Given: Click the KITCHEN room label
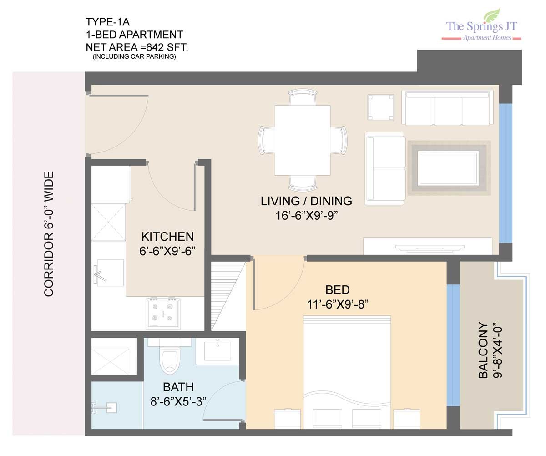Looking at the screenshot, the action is coord(167,237).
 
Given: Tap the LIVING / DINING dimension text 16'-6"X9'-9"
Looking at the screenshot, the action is coord(307,216).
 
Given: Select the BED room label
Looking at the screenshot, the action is coord(337,290).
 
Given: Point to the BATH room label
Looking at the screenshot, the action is coord(178,387).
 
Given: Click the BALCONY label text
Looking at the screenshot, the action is coord(483,350).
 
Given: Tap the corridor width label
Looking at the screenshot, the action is coord(49,234).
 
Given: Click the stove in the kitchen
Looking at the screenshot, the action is coord(163,313).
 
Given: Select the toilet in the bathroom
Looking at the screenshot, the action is coord(170,355).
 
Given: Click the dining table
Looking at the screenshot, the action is coord(303,140).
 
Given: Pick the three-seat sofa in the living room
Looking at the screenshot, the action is coord(447,108).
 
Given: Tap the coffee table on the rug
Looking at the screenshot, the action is coord(448,168).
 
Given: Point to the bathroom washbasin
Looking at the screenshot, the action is coord(217,351).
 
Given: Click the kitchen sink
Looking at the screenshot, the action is coord(108,273).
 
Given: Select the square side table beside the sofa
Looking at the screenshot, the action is coord(381,107).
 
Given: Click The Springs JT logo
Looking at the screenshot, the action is coord(481,25).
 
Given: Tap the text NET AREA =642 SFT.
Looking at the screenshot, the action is coord(137,47).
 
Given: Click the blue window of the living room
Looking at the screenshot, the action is coord(506,173).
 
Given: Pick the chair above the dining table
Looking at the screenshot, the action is coord(303,97).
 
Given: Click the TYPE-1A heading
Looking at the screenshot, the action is coord(108,22).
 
